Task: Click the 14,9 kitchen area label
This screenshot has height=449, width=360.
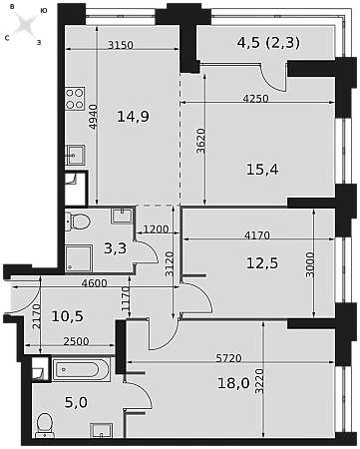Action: (x=134, y=117)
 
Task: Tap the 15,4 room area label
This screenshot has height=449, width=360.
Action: (x=262, y=170)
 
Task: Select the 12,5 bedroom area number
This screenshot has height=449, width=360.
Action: (x=262, y=263)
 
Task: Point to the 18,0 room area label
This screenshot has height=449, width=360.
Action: (x=233, y=383)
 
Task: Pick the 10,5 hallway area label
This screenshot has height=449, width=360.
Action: (x=68, y=316)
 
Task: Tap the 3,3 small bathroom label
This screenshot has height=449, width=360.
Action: (x=116, y=248)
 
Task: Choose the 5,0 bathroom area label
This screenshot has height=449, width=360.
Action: (x=76, y=402)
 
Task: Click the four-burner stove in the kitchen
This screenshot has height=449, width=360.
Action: (x=75, y=99)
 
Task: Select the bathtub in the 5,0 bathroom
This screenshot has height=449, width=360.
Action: (x=81, y=369)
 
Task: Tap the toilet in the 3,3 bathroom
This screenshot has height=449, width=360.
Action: (x=78, y=222)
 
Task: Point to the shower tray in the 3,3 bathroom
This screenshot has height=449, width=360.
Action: (x=79, y=258)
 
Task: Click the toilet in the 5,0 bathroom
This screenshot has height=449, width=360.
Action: (x=45, y=425)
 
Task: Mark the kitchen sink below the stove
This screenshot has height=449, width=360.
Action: (x=75, y=155)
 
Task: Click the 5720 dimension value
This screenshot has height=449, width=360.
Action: (x=228, y=358)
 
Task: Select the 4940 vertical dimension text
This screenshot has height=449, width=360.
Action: (x=94, y=117)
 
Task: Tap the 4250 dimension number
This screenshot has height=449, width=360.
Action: (x=255, y=99)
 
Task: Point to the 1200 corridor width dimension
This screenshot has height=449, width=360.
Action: (x=157, y=229)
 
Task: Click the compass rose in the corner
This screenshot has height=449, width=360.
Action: (x=24, y=24)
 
